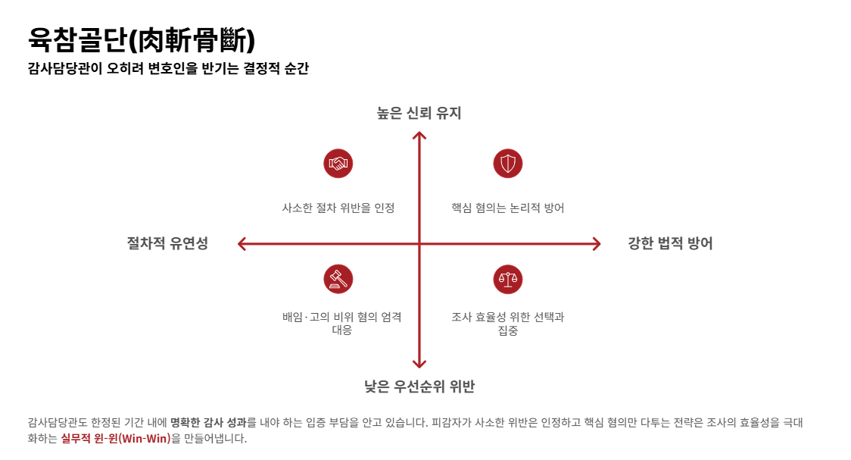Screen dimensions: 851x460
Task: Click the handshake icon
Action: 338,164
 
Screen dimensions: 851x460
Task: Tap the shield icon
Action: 508,164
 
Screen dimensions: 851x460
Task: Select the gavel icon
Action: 338,279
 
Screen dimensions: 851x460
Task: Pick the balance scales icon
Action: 508,279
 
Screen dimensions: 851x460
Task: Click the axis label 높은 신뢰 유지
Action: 419,113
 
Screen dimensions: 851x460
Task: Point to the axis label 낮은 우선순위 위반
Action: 419,386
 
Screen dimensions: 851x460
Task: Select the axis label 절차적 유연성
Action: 168,243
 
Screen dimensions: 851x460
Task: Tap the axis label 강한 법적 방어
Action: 670,243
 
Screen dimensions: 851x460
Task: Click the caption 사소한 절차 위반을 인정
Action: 338,208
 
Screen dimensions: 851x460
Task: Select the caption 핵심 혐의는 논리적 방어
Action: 508,208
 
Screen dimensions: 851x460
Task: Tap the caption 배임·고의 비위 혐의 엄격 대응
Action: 342,323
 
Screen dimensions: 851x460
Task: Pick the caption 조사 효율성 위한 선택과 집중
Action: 508,323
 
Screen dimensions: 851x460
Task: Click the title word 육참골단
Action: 78,39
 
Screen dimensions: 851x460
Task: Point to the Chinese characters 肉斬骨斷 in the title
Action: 191,40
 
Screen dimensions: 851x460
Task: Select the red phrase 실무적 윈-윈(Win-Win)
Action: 116,438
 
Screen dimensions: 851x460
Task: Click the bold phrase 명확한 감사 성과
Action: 208,423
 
